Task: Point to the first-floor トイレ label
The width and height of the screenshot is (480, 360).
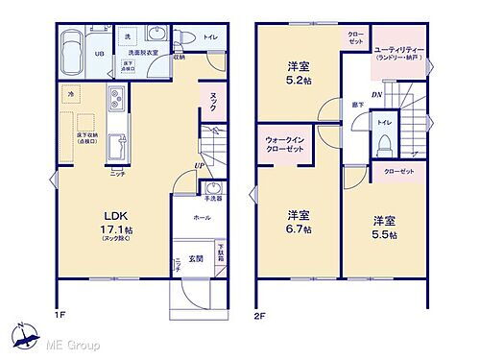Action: [210, 36]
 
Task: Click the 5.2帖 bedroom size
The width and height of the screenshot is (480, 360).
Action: [297, 82]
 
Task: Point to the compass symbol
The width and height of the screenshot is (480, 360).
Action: [22, 336]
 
